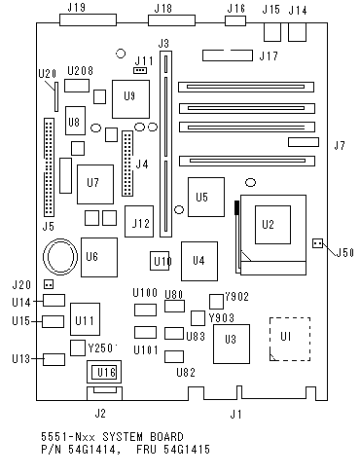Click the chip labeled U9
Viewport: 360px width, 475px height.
130,99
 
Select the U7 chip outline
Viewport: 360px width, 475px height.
95,184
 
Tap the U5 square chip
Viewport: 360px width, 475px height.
206,197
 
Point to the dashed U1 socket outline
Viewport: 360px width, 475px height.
270,339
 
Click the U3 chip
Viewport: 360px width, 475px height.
232,344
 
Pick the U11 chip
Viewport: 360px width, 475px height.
85,319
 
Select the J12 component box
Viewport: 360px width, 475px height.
139,221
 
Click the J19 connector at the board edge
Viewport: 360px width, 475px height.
88,19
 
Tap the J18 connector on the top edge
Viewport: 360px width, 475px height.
171,20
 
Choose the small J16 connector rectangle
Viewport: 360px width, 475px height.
235,20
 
